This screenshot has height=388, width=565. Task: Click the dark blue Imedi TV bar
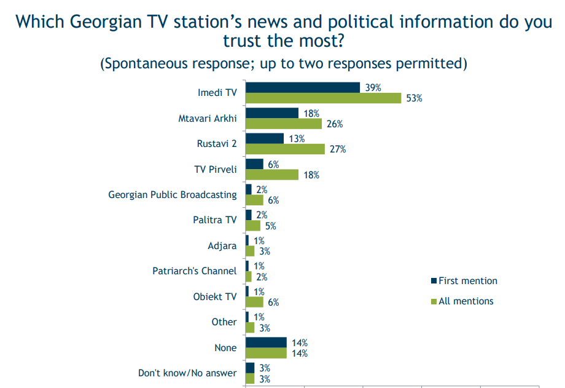[x=302, y=87]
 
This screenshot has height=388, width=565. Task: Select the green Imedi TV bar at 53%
[x=323, y=98]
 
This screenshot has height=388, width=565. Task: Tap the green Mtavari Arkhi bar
[x=283, y=124]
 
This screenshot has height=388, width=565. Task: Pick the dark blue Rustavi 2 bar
[x=264, y=138]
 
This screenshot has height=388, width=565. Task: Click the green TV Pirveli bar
[x=271, y=175]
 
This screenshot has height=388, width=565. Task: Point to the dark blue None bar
[x=265, y=342]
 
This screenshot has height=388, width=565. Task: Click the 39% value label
[x=373, y=87]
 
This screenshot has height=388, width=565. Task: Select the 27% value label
[x=338, y=149]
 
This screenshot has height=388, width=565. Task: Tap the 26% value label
[x=335, y=124]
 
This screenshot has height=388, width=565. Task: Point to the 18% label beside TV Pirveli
[x=311, y=175]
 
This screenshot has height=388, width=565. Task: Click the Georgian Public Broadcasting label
[x=172, y=195]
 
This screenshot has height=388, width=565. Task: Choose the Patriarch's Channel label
[x=194, y=271]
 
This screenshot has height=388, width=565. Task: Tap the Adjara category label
[x=222, y=245]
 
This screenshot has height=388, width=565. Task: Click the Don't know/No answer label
[x=187, y=373]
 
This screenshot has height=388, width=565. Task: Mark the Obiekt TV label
[x=214, y=296]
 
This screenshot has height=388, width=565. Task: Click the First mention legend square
[x=434, y=281]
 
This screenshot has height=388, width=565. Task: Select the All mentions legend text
[x=466, y=301]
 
